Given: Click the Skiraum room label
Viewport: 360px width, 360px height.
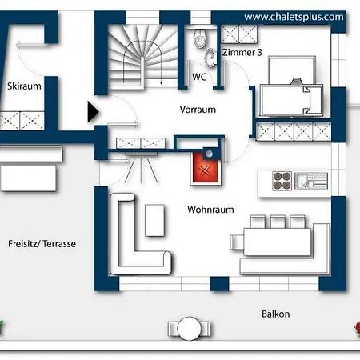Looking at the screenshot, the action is (x=24, y=86).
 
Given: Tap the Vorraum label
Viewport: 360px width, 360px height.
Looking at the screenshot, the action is (x=198, y=110).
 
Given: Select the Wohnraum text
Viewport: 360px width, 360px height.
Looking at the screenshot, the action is (x=210, y=210).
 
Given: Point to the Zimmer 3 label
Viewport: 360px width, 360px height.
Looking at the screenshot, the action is (x=242, y=52).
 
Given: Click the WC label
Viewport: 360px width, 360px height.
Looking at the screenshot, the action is (x=199, y=77).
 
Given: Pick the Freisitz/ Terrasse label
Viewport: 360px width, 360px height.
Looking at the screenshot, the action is (x=42, y=244).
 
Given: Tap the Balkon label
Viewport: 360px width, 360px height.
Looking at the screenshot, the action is (x=276, y=314).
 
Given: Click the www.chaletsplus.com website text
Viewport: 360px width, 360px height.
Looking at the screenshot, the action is (x=294, y=17).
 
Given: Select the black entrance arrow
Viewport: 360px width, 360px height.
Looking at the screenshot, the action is (x=93, y=112).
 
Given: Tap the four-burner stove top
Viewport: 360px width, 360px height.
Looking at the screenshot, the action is (x=282, y=181).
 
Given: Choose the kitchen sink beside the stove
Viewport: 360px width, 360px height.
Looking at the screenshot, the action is (x=311, y=181).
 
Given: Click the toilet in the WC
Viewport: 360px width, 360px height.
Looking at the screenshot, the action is (x=200, y=38).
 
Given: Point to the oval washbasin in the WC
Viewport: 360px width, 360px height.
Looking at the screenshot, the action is (x=210, y=58).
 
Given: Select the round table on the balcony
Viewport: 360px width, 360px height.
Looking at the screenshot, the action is (x=189, y=329).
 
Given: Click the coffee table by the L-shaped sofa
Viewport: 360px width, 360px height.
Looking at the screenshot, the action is (x=154, y=220).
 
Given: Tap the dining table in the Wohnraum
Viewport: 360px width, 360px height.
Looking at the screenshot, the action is (x=278, y=242).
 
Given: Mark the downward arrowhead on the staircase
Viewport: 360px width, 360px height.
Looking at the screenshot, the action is (x=161, y=83).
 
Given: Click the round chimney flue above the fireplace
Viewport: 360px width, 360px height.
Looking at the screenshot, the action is (x=209, y=154).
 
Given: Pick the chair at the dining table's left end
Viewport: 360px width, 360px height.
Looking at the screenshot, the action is (x=237, y=242).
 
